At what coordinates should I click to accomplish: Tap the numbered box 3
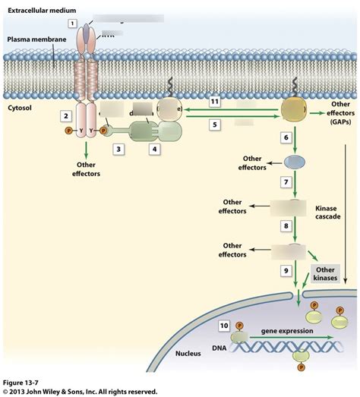(x=118, y=150)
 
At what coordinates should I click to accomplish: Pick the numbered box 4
(x=155, y=150)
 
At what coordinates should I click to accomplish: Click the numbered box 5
(x=216, y=124)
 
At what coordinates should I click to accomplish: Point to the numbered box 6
(x=286, y=137)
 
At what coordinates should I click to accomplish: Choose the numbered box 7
(x=286, y=183)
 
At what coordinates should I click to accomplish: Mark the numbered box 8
(x=286, y=225)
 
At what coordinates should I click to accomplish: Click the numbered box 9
(x=286, y=269)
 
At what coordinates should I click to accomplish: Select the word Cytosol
(x=19, y=109)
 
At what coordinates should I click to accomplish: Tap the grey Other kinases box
(x=325, y=273)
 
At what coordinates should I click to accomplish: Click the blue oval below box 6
(x=295, y=162)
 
